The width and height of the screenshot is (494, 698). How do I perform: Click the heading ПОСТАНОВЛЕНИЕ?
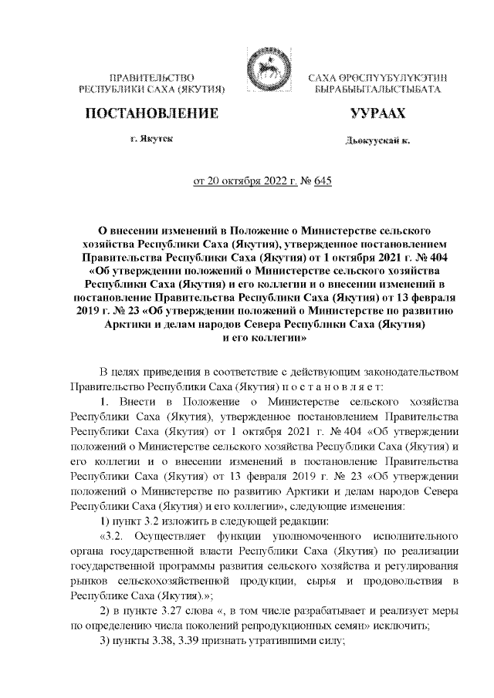pyautogui.click(x=151, y=115)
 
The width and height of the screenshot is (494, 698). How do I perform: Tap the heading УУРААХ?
pyautogui.click(x=377, y=115)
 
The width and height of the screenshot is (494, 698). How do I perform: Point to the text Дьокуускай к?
pyautogui.click(x=377, y=142)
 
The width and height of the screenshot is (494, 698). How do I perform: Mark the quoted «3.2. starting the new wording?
pyautogui.click(x=107, y=534)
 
